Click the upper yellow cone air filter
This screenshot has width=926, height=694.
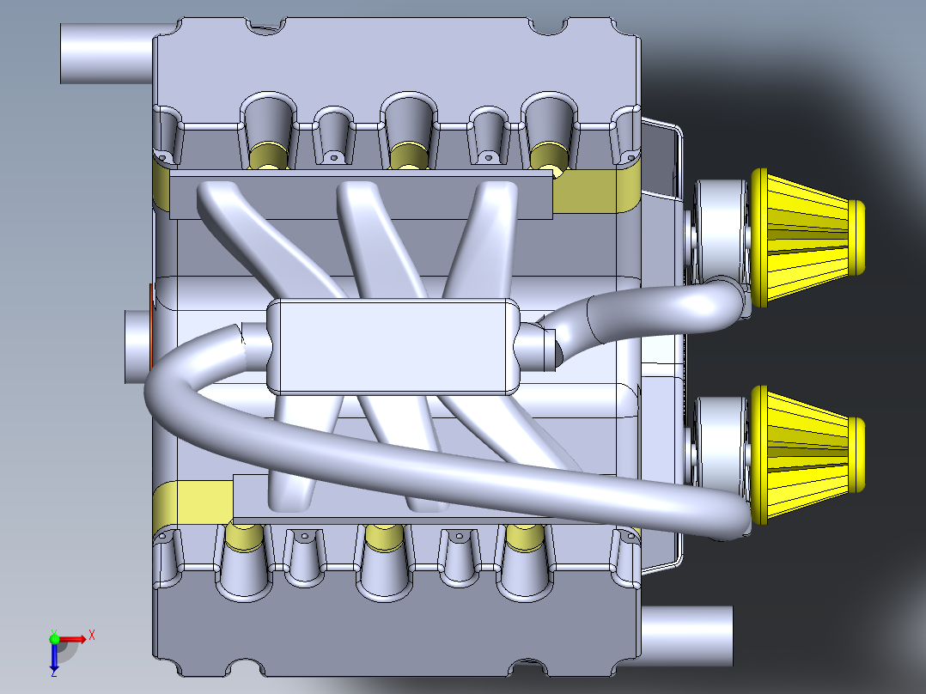coord(807,236)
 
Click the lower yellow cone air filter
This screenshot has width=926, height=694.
coord(807,455)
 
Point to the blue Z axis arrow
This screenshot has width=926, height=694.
coord(53,658)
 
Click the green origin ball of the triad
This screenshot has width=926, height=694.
coord(54,638)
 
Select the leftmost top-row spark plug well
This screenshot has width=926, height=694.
coord(267,129)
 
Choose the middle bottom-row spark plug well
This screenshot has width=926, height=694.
coord(383,563)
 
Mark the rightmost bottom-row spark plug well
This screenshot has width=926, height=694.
coord(523,563)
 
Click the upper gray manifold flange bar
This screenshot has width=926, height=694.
coord(361,194)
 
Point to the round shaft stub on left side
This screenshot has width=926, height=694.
coord(137,346)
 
